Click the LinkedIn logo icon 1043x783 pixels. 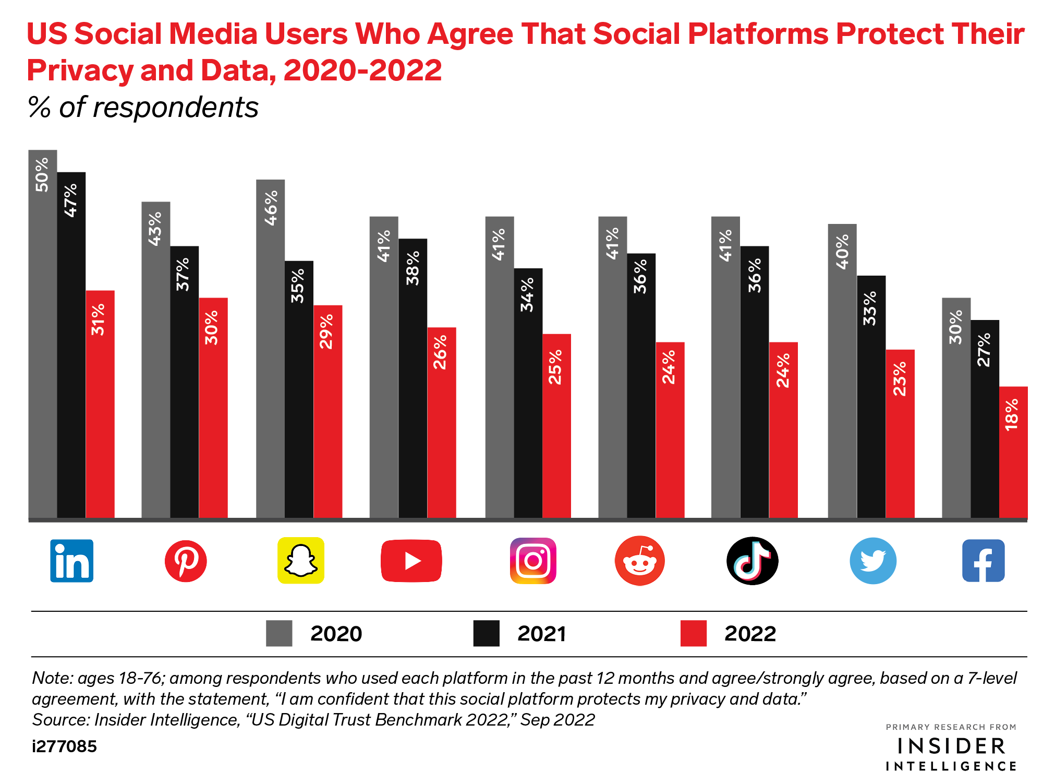tap(71, 561)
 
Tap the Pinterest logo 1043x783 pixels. tap(186, 561)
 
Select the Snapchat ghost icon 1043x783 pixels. tap(300, 561)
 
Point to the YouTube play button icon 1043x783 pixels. tap(411, 561)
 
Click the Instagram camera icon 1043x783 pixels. tap(533, 561)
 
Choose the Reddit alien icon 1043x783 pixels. tap(639, 561)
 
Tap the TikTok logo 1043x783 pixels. tap(752, 561)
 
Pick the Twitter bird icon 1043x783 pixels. tap(873, 561)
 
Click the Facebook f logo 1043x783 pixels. tap(983, 561)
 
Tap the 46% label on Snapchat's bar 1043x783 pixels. tap(271, 208)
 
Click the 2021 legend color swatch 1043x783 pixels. tap(486, 633)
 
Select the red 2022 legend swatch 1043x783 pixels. tap(693, 633)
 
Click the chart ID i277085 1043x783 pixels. tap(64, 746)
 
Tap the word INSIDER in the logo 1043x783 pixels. tap(951, 746)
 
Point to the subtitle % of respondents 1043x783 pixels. tap(143, 108)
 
